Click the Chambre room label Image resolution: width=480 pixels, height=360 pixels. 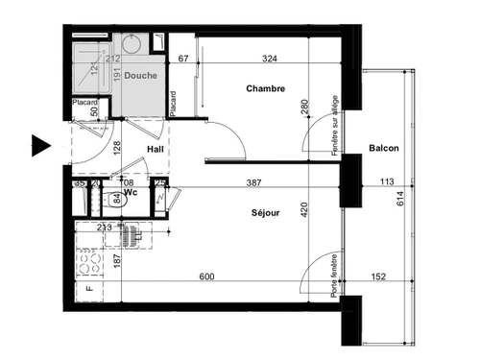264,89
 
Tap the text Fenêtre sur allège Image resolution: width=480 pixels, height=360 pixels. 334,125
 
